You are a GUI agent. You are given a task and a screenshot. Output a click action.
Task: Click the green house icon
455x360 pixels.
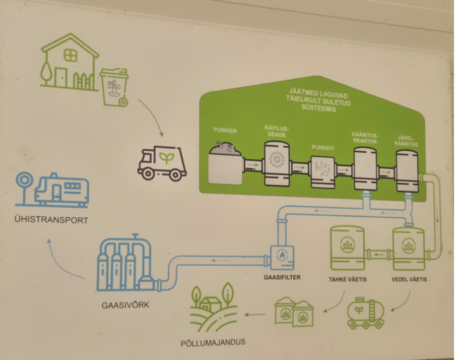(x=69, y=63)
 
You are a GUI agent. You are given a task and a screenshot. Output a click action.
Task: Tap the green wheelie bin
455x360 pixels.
(x=114, y=87)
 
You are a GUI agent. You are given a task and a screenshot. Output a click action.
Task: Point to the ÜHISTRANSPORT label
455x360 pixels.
(x=51, y=220)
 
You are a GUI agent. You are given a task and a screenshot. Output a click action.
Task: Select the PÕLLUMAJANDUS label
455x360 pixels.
(x=213, y=343)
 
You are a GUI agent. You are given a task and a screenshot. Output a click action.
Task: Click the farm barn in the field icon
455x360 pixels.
(x=211, y=304)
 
